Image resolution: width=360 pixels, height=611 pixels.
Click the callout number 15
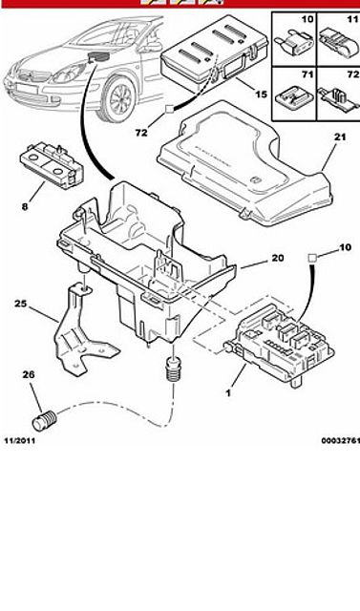pos(262,94)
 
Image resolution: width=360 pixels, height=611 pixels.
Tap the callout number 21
pos(340,137)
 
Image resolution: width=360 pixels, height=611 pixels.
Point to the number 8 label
pos(25,206)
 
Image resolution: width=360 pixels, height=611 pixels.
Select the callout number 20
pos(278,258)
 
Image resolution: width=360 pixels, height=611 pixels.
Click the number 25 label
pos(21,303)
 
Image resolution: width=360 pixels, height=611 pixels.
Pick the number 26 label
pos(28,374)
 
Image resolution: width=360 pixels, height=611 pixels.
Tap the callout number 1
pos(228,393)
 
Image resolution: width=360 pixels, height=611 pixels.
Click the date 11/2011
pos(19,441)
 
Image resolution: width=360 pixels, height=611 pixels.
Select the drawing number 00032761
pos(341,441)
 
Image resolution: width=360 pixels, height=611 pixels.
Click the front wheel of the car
pos(117,98)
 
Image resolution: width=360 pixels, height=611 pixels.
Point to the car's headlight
pos(69,74)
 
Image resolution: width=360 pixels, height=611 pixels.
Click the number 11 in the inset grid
pos(352,19)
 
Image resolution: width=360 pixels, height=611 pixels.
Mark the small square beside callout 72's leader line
pos(170,109)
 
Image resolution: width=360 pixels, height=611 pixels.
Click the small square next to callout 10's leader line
pos(312,257)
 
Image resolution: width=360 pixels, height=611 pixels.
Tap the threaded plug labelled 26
pos(44,420)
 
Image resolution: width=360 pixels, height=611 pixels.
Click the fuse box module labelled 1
pos(279,343)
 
